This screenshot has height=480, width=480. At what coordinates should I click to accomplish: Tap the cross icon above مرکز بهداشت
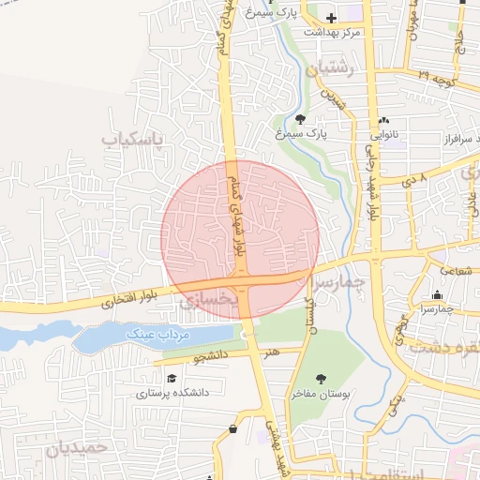tap(330, 18)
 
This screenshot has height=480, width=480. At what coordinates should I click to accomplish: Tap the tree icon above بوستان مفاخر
tap(322, 379)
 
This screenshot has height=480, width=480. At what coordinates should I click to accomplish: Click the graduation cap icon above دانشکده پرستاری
tap(171, 378)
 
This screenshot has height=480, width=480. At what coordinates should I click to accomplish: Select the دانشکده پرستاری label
tap(171, 394)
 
